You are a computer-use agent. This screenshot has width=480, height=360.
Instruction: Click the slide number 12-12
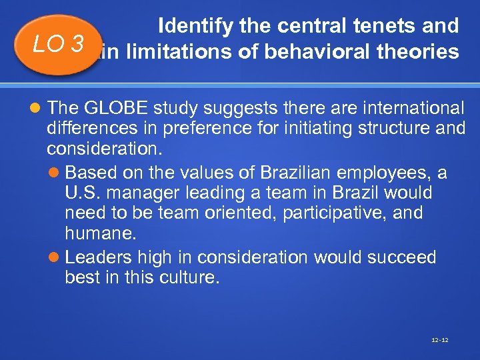(440, 340)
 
